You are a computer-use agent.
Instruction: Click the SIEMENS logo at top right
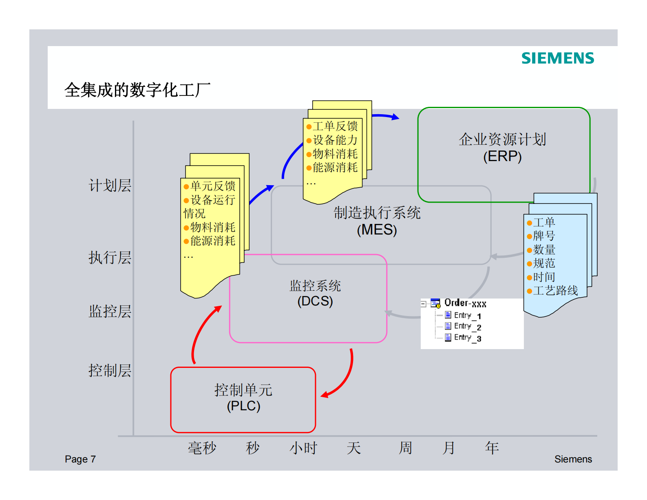557,58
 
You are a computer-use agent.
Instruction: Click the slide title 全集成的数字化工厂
137,90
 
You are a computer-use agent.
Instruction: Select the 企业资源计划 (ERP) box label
502,148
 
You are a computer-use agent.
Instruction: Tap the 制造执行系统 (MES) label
377,221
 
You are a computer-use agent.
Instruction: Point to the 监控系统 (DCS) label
315,293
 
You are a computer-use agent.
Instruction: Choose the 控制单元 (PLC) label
243,398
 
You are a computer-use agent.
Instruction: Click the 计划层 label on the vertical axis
110,186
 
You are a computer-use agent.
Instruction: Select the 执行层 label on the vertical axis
110,257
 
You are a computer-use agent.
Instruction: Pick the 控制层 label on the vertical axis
110,370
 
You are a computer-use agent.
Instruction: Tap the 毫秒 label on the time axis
202,448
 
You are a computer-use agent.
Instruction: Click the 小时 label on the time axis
303,448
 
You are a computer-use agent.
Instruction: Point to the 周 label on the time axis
405,448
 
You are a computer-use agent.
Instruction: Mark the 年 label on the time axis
492,448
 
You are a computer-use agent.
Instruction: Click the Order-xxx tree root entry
465,303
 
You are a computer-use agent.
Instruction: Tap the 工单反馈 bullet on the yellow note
335,126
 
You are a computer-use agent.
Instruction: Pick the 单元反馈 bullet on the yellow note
212,186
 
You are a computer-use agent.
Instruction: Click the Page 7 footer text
80,459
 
